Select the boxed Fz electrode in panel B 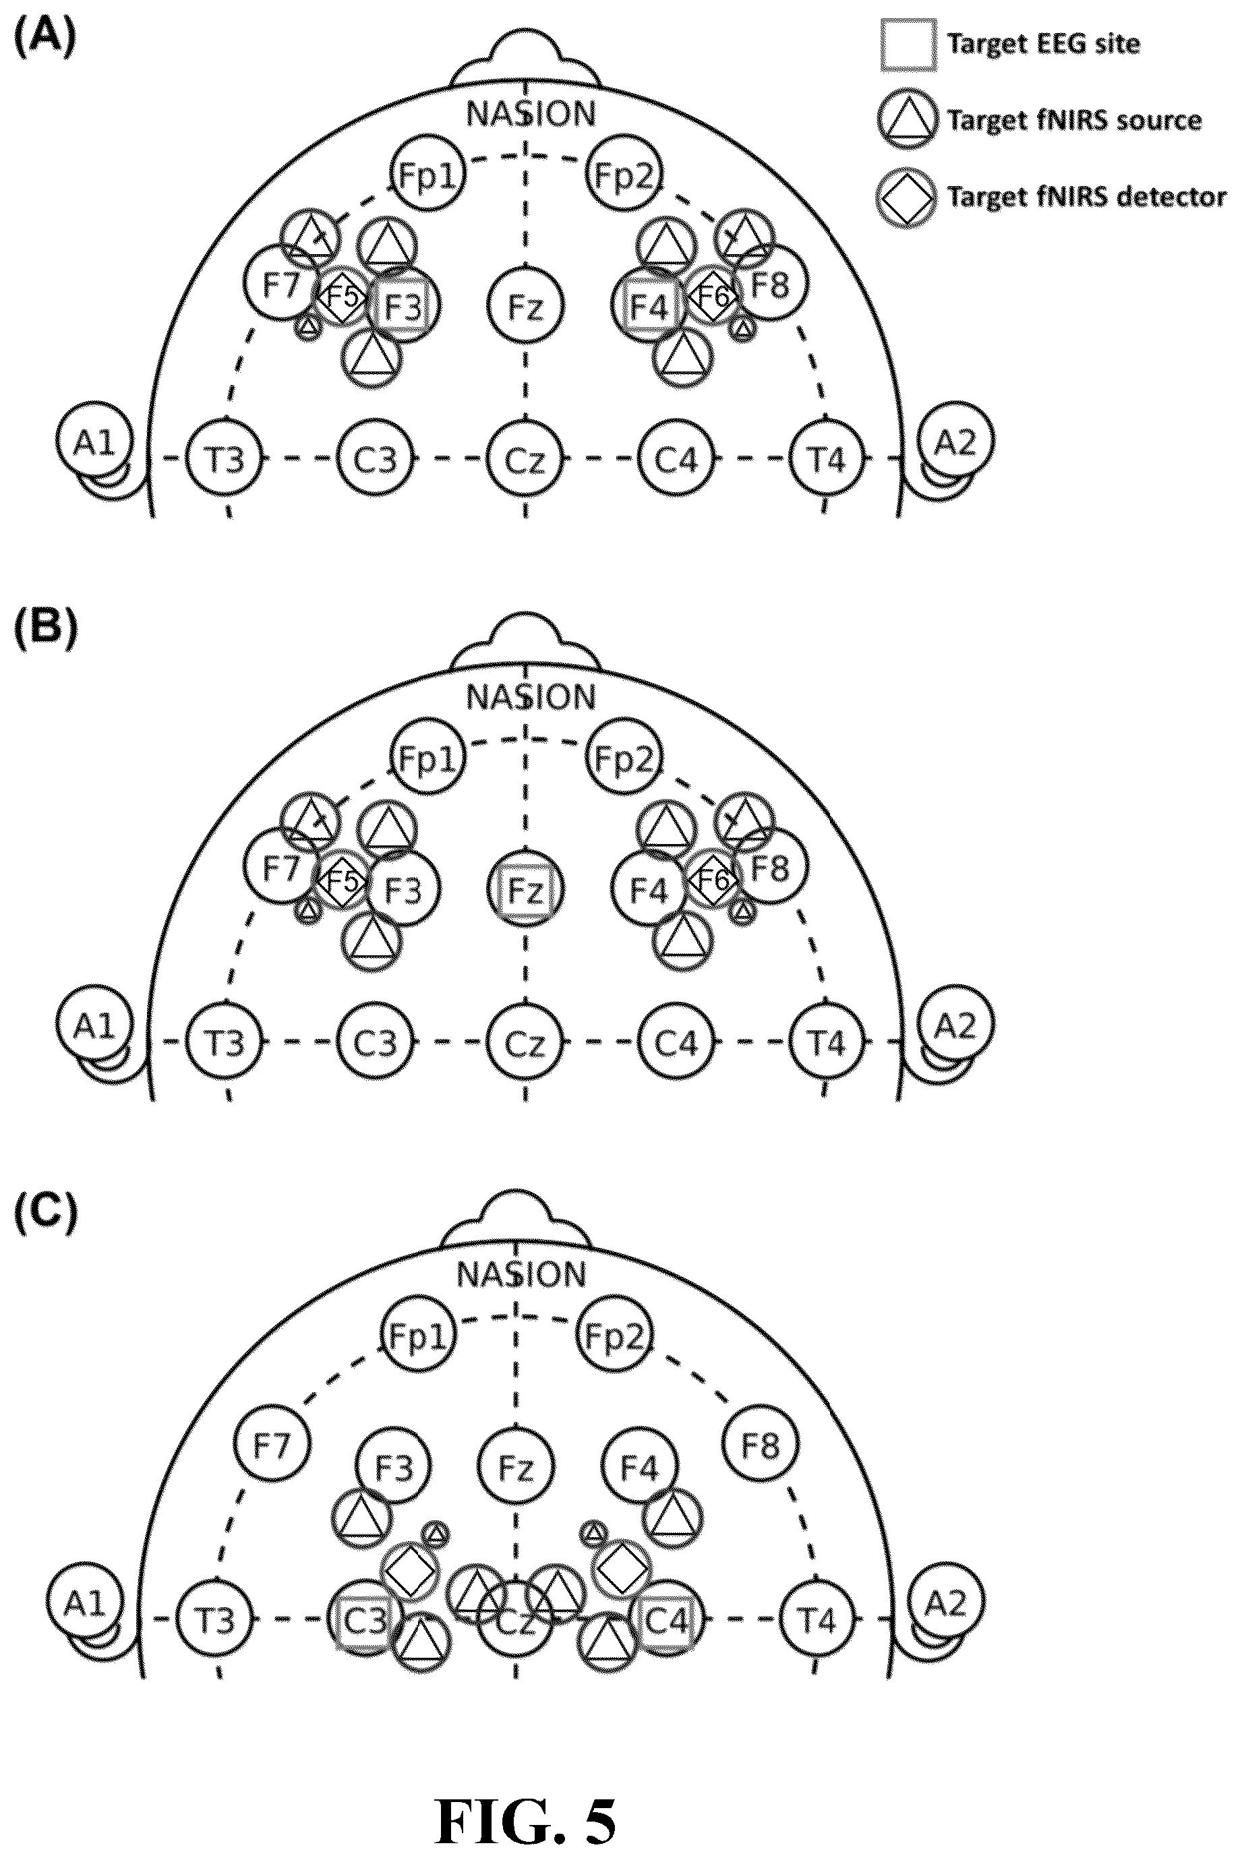coord(525,890)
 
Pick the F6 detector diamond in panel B coord(711,878)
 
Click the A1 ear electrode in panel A coord(94,441)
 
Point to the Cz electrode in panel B coord(525,1044)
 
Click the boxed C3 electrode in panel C coord(365,1621)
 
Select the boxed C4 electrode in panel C coord(666,1621)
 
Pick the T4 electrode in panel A coord(826,459)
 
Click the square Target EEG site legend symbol coord(908,45)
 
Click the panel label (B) coord(46,630)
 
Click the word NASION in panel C coord(521,1274)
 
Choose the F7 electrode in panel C coord(271,1446)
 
